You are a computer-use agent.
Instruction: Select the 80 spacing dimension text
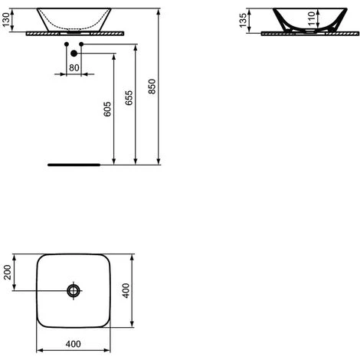coord(74,67)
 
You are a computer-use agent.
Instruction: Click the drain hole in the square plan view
coord(74,290)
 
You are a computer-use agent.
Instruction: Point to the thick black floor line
coord(74,164)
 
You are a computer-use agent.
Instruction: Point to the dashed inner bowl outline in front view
coord(74,26)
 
